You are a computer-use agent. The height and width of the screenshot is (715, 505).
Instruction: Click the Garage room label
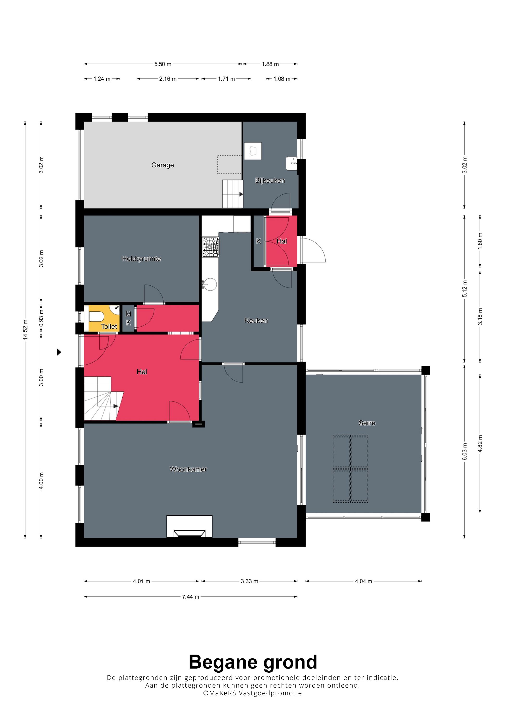click(162, 165)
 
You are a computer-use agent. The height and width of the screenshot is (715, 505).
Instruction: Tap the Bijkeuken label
click(270, 181)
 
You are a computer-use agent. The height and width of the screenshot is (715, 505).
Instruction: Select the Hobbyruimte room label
click(141, 258)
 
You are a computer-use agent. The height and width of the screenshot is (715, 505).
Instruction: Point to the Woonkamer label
click(188, 469)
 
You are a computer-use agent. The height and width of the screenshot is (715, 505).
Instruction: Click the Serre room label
click(367, 423)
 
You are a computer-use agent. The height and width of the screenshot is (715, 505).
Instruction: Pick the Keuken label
click(256, 321)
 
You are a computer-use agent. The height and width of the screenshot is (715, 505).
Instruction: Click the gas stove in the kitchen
click(211, 247)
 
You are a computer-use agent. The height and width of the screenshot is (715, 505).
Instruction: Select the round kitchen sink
click(210, 284)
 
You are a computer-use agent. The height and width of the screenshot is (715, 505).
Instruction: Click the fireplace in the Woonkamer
click(189, 526)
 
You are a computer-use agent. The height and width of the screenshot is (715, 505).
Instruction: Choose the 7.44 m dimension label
click(190, 597)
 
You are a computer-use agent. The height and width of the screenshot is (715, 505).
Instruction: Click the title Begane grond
click(253, 662)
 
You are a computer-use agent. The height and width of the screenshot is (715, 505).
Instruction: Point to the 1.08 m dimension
click(282, 79)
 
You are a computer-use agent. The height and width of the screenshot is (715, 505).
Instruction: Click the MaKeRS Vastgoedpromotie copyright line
click(252, 693)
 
